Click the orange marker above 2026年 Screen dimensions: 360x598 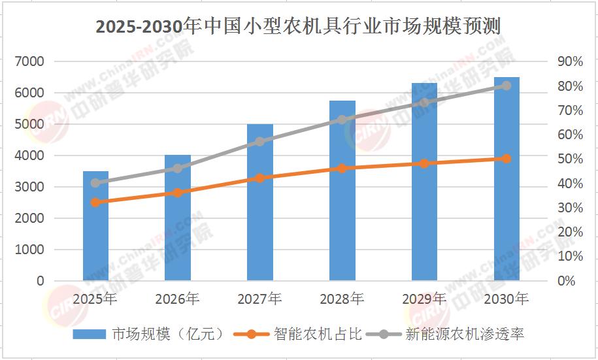point(178,193)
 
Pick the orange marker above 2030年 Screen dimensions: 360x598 point(507,159)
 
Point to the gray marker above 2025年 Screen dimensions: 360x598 point(95,183)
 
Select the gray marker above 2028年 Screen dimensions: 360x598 point(342,120)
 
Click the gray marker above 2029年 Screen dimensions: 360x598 point(425,103)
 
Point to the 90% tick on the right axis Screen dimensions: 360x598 point(569,61)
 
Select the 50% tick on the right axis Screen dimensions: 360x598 point(569,159)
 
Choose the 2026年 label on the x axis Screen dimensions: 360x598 point(178,299)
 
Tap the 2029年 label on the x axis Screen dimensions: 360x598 point(425,299)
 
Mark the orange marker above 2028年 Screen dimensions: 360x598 point(342,169)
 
